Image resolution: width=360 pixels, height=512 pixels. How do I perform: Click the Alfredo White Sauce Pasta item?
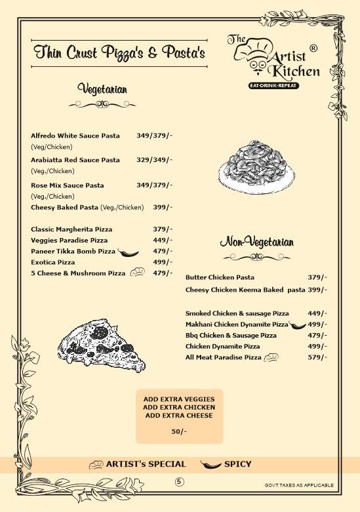tap(75, 136)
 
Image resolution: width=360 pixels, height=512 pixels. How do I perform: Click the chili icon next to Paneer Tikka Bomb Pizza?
tap(127, 252)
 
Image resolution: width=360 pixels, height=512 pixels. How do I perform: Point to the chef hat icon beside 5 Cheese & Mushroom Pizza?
tap(138, 272)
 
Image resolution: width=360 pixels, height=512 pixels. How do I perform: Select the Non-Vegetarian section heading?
tap(256, 243)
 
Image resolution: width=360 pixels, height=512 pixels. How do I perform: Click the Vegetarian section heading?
tap(102, 89)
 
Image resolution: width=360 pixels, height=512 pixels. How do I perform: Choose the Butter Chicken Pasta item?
tap(220, 277)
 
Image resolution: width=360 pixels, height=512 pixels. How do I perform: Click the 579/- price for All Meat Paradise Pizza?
tap(317, 357)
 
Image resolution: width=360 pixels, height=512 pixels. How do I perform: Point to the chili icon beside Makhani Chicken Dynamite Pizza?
tap(298, 325)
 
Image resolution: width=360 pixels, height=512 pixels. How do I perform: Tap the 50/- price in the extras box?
tap(179, 431)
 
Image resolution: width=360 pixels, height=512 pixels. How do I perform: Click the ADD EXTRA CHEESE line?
tap(179, 416)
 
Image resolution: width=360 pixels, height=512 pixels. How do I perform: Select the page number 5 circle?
tap(180, 482)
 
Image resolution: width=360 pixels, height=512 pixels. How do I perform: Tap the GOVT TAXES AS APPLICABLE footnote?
tap(299, 486)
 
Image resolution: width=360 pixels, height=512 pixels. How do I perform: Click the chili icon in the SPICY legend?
tap(210, 465)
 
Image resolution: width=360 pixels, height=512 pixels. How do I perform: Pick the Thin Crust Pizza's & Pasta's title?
tap(119, 52)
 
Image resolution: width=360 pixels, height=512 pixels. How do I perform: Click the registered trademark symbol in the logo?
tap(313, 48)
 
